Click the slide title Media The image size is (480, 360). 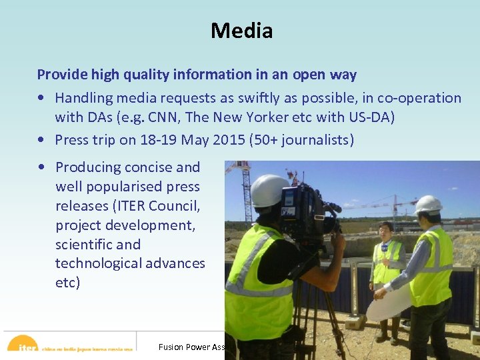click(241, 31)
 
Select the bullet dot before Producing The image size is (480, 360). click(42, 167)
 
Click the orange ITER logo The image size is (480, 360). click(23, 345)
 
